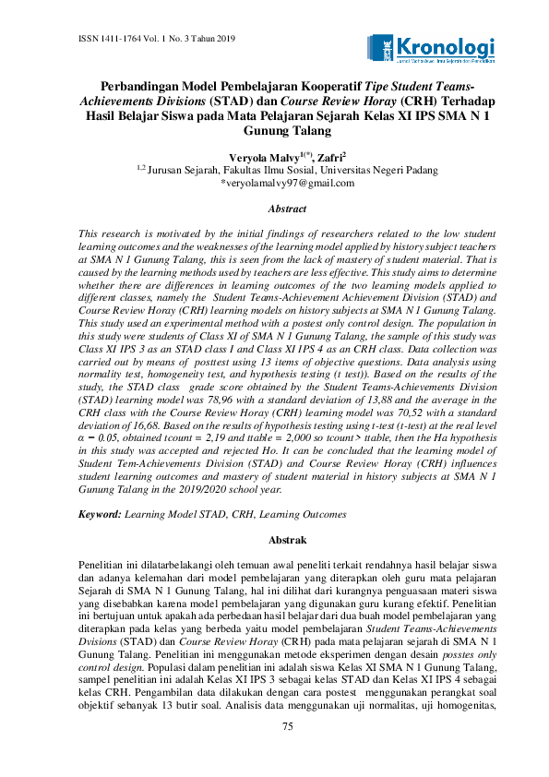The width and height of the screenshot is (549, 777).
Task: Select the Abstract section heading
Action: tap(287, 210)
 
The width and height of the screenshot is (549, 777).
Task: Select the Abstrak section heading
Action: tap(287, 539)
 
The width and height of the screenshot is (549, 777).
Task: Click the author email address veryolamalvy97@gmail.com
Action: tap(287, 184)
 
